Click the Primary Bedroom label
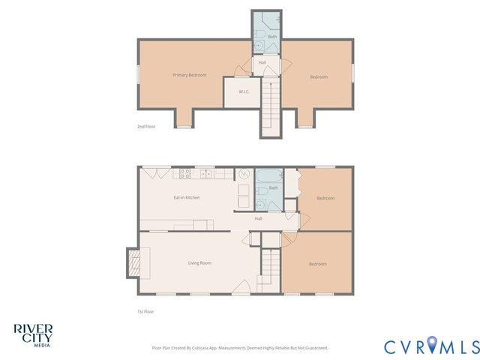pyautogui.click(x=189, y=75)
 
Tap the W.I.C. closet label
pyautogui.click(x=244, y=91)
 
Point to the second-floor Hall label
pyautogui.click(x=262, y=62)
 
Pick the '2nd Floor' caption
pyautogui.click(x=145, y=127)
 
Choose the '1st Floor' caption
pyautogui.click(x=145, y=310)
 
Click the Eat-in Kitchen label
pyautogui.click(x=186, y=197)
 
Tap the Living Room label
pyautogui.click(x=199, y=262)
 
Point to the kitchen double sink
pyautogui.click(x=206, y=174)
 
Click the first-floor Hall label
pyautogui.click(x=258, y=218)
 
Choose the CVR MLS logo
pyautogui.click(x=431, y=346)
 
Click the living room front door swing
pyautogui.click(x=241, y=286)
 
